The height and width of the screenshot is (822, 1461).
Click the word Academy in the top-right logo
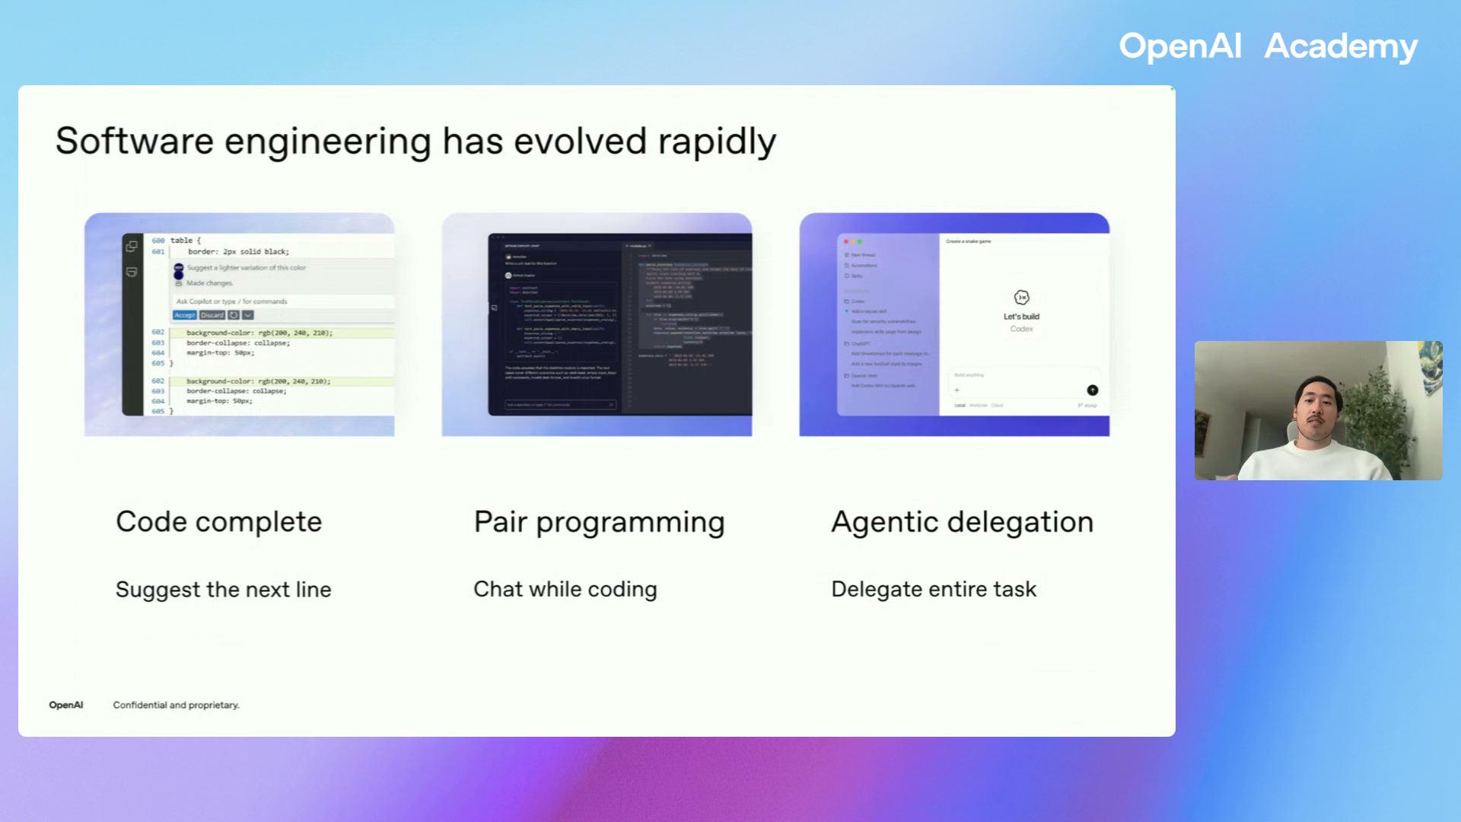(x=1341, y=46)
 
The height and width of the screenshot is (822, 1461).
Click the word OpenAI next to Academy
(x=1179, y=46)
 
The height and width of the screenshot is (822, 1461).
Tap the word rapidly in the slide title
(x=717, y=142)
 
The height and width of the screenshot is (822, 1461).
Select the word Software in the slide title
(x=135, y=142)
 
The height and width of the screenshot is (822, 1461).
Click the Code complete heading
(x=218, y=522)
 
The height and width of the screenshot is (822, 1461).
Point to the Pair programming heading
(x=599, y=522)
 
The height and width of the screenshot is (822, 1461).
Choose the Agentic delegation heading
(x=962, y=522)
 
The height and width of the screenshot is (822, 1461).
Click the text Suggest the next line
(x=223, y=589)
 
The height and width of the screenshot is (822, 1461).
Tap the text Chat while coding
(x=565, y=589)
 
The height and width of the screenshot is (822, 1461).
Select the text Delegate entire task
(x=934, y=589)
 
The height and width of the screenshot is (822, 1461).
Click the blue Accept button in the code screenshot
(x=185, y=315)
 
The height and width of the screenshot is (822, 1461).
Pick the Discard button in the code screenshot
(x=212, y=315)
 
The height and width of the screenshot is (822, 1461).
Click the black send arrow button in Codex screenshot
(x=1092, y=390)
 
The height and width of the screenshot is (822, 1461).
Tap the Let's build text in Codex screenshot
(x=1021, y=317)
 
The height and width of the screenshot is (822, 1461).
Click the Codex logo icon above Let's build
(x=1021, y=298)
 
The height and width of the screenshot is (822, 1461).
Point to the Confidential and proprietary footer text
(x=176, y=705)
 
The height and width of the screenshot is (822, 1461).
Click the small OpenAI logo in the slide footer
(x=66, y=705)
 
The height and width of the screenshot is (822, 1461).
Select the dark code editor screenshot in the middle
(x=619, y=324)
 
